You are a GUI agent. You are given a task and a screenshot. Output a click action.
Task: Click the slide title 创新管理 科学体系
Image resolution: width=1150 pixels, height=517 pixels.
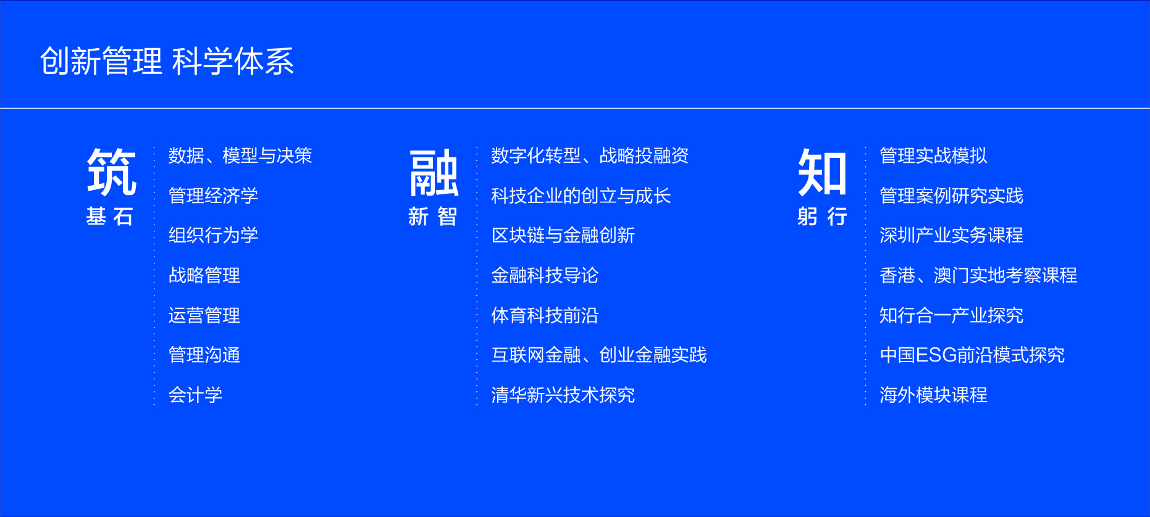[167, 61]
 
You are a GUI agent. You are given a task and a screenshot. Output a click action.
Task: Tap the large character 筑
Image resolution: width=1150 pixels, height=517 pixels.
[112, 172]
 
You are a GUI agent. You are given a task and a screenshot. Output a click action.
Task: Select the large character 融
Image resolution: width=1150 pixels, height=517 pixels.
[434, 173]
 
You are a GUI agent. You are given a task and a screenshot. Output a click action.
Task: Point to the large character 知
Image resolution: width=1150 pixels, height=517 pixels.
[822, 173]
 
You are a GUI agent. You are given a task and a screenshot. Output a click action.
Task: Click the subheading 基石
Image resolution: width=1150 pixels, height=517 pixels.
[110, 217]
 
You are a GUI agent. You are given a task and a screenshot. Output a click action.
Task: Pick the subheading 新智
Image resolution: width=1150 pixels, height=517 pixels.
[433, 217]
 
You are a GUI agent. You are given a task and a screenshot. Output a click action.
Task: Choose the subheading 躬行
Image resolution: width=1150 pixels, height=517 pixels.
[822, 217]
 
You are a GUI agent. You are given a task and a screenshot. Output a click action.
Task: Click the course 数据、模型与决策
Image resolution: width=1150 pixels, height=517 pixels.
[240, 155]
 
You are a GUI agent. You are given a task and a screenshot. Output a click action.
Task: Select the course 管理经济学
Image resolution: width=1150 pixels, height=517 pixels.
[213, 196]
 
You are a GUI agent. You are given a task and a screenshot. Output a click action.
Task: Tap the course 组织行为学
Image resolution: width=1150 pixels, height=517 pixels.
[213, 235]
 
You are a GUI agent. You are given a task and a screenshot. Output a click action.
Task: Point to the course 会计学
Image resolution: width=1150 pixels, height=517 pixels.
[195, 395]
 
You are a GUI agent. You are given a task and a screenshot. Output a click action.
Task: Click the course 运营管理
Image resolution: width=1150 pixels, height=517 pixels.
[204, 315]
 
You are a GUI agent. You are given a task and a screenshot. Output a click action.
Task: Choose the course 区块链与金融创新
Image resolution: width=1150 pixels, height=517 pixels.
[563, 235]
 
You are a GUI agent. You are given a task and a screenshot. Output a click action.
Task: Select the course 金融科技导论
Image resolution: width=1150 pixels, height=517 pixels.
[545, 275]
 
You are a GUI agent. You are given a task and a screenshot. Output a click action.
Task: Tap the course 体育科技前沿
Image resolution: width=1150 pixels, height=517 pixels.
[545, 315]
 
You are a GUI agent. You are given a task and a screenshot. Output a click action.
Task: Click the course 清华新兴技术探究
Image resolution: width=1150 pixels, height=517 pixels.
[563, 395]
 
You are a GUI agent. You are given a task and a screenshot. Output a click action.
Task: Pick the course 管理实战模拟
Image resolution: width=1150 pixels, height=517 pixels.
[933, 155]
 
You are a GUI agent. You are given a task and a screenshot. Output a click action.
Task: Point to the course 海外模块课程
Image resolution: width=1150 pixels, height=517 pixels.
[933, 395]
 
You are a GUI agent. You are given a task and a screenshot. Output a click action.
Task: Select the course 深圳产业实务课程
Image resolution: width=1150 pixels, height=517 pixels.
[951, 235]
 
